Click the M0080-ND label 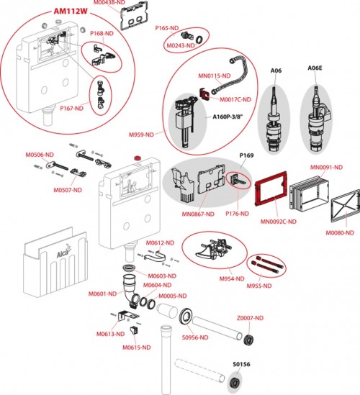(x=341, y=232)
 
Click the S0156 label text (x=242, y=364)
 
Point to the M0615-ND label (x=135, y=347)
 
